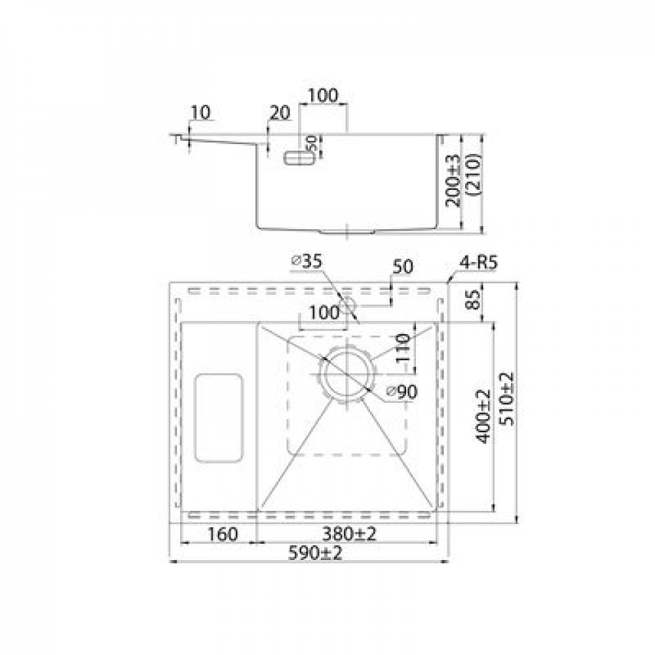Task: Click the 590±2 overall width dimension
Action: tap(316, 553)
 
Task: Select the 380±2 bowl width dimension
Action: tap(349, 534)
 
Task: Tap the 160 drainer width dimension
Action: tap(223, 534)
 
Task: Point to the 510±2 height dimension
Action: tap(508, 399)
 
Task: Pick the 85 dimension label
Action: tap(474, 299)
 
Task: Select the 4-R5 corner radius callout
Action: tap(479, 263)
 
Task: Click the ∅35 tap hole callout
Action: tap(307, 261)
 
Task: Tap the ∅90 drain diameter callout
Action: tap(402, 392)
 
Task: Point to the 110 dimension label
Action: tap(403, 348)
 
